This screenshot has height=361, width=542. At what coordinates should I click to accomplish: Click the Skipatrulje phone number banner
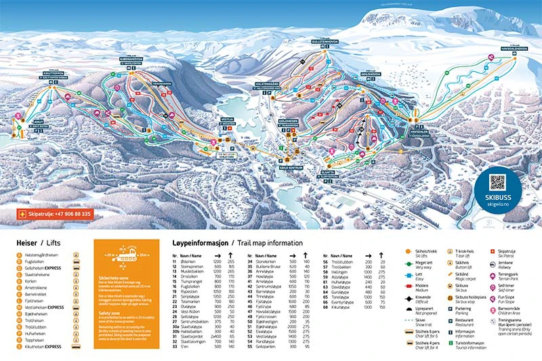pos(54,214)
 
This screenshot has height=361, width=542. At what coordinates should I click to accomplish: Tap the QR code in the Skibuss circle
pos(497,182)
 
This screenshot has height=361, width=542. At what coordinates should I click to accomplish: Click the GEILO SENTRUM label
pos(290,167)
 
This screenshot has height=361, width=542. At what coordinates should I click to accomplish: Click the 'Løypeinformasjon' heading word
pos(198,242)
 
